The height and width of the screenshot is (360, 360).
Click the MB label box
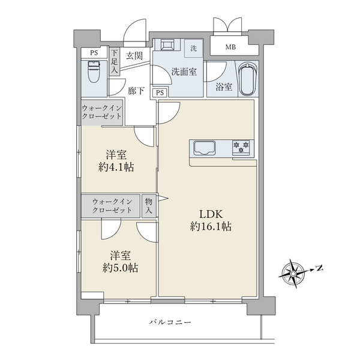pos(230,47)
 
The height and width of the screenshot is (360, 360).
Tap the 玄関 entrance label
pos(134,56)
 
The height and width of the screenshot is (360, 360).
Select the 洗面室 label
pos(184,71)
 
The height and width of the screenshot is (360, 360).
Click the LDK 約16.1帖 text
pos(211,220)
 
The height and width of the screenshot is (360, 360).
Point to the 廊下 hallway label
pos(136,91)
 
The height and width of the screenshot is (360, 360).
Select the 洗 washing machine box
pos(193,48)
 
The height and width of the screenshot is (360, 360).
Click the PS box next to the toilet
pos(94,52)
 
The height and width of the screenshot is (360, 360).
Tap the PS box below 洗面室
pos(160,92)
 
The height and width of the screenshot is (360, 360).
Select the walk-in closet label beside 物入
pos(112,206)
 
